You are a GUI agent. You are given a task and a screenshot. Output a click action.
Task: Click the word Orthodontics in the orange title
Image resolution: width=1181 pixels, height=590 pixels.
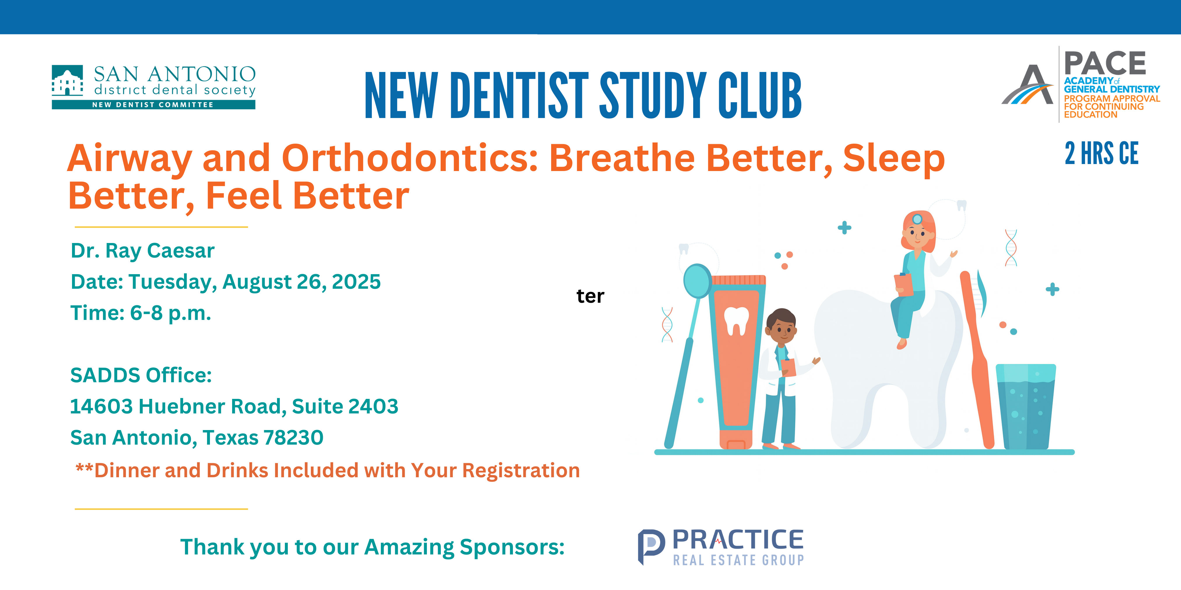click(410, 158)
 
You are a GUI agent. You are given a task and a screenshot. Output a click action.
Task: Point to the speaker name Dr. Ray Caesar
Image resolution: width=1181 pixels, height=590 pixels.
click(143, 251)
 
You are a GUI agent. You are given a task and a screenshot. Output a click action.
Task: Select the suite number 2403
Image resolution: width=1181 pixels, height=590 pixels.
click(373, 406)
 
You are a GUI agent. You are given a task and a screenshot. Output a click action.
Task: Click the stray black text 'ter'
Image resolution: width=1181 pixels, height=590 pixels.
click(590, 296)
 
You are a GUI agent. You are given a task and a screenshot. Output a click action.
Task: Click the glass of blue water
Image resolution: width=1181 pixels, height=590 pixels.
click(1026, 406)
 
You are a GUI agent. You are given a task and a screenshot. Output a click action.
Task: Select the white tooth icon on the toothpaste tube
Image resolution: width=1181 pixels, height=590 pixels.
click(736, 321)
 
